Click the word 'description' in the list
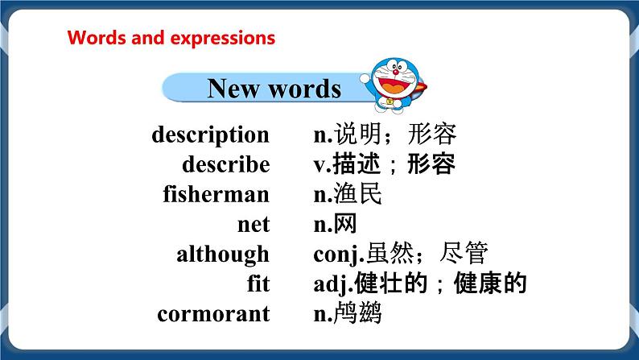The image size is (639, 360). (x=210, y=134)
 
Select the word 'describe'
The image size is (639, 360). (x=225, y=164)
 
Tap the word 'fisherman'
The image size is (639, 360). (x=216, y=194)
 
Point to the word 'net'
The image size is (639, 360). (x=255, y=224)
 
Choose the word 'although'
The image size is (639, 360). (x=223, y=254)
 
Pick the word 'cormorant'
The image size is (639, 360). (x=213, y=313)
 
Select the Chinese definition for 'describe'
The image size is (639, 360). (x=384, y=164)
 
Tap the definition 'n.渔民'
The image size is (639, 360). (x=347, y=194)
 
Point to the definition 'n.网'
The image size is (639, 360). (x=334, y=224)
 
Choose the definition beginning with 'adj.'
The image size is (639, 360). (x=419, y=283)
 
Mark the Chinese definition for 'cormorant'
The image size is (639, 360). (x=347, y=313)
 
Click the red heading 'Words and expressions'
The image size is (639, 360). (x=171, y=38)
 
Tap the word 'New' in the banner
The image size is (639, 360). (x=235, y=88)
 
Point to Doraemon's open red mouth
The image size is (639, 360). (x=395, y=85)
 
